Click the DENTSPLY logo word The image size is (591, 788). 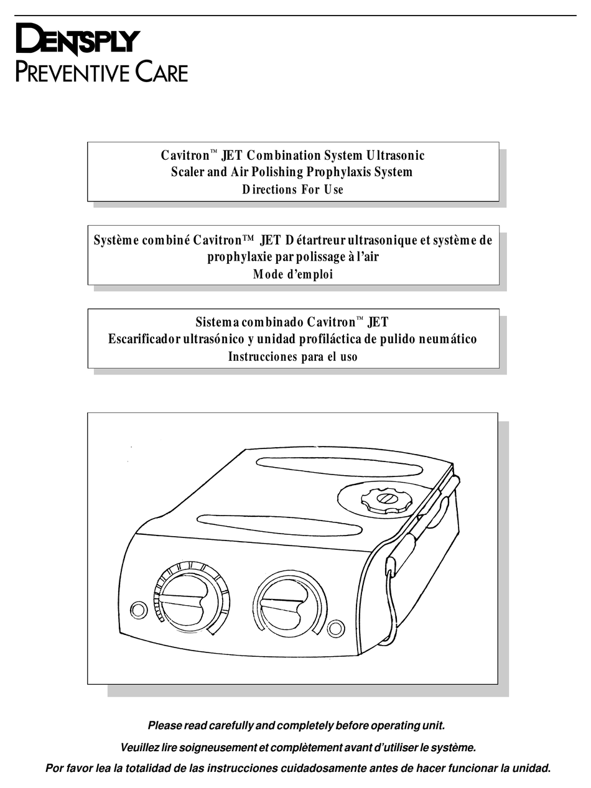pyautogui.click(x=77, y=41)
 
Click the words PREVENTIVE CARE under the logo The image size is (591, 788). pyautogui.click(x=101, y=72)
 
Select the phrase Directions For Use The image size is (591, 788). pyautogui.click(x=292, y=190)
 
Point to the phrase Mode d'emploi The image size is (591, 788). pyautogui.click(x=292, y=274)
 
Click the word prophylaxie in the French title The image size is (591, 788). pyautogui.click(x=238, y=257)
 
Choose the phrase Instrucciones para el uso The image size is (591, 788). pyautogui.click(x=292, y=357)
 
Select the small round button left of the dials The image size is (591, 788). pyautogui.click(x=139, y=609)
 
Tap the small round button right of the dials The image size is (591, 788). pyautogui.click(x=336, y=628)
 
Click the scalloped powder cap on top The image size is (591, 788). pyautogui.click(x=386, y=500)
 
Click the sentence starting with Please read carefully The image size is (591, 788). pyautogui.click(x=296, y=725)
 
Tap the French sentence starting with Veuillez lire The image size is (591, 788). pyautogui.click(x=297, y=747)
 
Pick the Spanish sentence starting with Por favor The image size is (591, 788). pyautogui.click(x=298, y=768)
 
